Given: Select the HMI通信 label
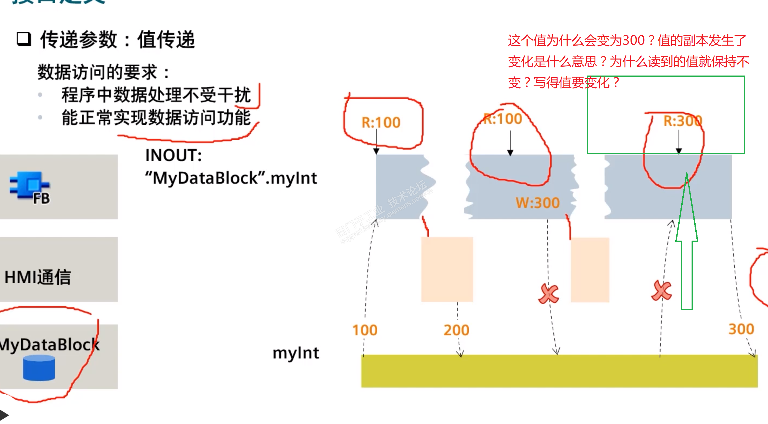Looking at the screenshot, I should coord(38,277).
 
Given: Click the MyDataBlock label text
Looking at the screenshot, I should coord(49,344).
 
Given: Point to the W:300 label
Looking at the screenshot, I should coord(538,203).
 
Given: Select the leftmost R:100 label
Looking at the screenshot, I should coord(381,122).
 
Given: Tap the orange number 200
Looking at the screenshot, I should coord(456,330).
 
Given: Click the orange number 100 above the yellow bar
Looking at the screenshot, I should coord(365,330).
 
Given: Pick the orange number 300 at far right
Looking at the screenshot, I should coord(741,329).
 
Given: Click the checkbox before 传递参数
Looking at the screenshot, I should coord(24,40).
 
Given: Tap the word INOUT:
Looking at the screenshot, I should coord(173,155).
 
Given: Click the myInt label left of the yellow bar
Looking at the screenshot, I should coord(296,353).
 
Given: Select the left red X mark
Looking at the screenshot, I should coord(549,294).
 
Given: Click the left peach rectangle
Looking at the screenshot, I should coord(447,269).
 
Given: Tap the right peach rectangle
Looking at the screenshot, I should coord(590,270).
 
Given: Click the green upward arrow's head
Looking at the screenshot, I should coord(687,208).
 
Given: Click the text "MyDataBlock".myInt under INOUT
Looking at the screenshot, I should coord(231,178).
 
